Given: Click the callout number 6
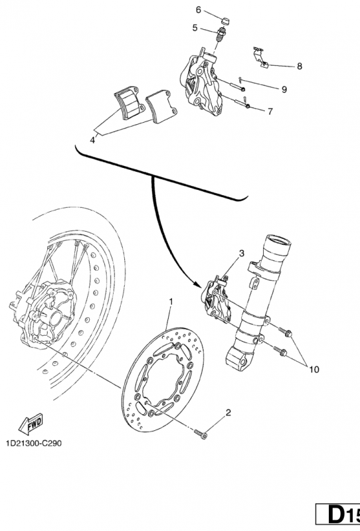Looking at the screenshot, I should click(x=198, y=9).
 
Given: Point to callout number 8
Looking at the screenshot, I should click(x=300, y=66).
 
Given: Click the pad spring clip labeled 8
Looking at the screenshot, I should click(x=260, y=56).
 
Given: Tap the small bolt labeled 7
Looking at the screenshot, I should click(x=246, y=105).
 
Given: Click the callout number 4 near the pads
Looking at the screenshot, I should click(x=93, y=140).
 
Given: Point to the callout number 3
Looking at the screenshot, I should click(x=241, y=254).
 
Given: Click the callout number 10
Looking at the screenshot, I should click(x=314, y=370).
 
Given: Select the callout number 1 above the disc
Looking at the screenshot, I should click(x=171, y=302).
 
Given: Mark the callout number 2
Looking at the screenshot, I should click(x=228, y=413).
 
